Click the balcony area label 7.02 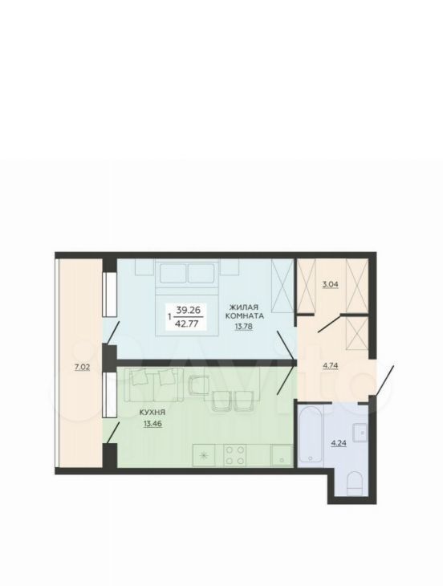coord(82,367)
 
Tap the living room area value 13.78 coord(243,326)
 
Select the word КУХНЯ coord(152,413)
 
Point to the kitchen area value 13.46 coord(152,424)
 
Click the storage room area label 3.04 coord(330,284)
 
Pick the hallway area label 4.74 coord(330,365)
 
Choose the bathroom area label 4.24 coord(339,443)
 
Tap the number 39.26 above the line coord(189,310)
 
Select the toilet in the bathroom coord(355,483)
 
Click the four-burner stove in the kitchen coord(235,455)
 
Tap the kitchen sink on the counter coord(280,455)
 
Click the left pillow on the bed coord(173,273)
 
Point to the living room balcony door coord(112,332)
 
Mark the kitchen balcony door coord(112,433)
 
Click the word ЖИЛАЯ coord(243,307)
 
